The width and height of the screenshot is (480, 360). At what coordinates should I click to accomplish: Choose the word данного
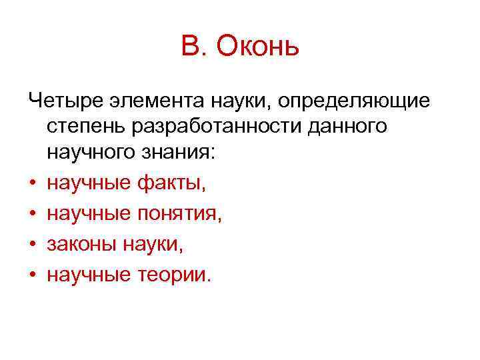349,128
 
